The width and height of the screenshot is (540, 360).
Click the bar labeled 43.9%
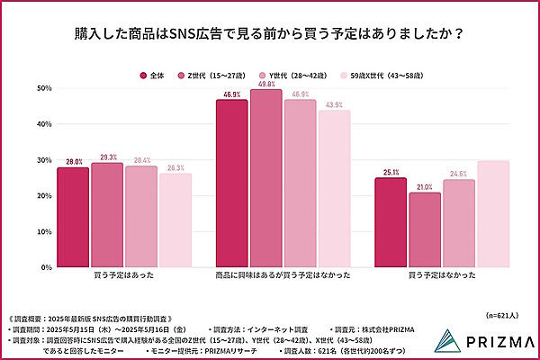click(x=334, y=189)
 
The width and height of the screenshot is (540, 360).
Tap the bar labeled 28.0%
click(x=73, y=217)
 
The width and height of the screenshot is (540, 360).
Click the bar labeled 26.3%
click(x=175, y=220)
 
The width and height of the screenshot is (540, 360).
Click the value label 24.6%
click(x=459, y=173)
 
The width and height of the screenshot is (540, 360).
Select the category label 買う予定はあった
click(x=123, y=280)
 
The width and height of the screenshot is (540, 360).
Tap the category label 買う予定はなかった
click(x=442, y=280)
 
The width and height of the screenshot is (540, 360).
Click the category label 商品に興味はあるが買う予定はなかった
click(x=283, y=280)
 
